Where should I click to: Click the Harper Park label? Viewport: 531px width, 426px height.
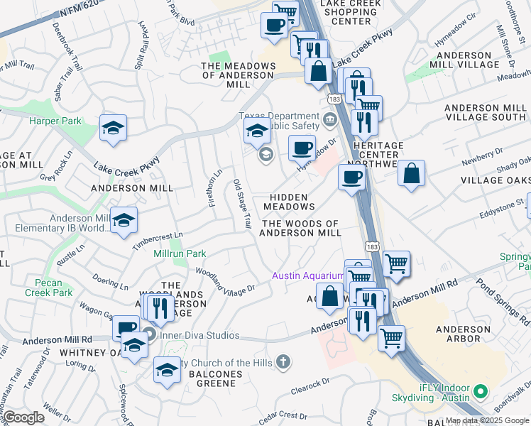point(54,121)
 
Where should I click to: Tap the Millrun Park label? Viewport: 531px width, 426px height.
point(185,253)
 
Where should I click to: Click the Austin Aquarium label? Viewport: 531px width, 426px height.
point(310,275)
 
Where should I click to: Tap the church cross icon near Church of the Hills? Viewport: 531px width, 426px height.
point(283,363)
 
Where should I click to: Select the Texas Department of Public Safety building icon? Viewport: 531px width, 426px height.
point(329,119)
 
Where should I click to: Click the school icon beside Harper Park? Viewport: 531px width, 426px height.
point(112,128)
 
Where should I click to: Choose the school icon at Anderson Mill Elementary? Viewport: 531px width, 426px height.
point(123,220)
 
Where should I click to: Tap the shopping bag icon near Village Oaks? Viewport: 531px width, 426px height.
point(411,173)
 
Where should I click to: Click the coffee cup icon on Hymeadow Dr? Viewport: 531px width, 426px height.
point(302,148)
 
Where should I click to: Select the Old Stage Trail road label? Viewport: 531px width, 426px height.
point(243,204)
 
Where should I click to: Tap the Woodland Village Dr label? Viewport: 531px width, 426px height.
point(225,280)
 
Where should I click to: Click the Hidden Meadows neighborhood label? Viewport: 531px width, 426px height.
point(289,202)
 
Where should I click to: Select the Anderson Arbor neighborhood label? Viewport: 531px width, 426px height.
point(463,334)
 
